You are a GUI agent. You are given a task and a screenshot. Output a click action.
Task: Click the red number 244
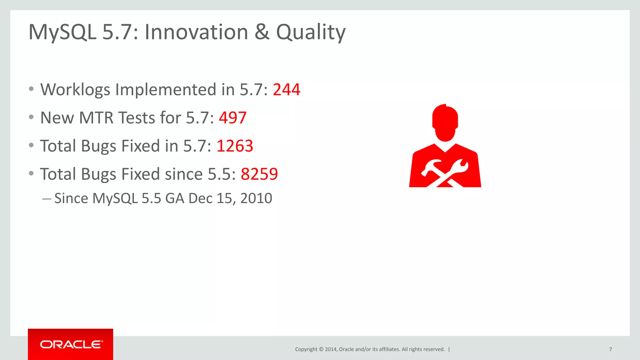tap(286, 90)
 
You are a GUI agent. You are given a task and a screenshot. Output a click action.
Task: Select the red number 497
tap(232, 118)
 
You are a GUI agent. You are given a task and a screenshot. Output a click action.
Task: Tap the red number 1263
tap(235, 146)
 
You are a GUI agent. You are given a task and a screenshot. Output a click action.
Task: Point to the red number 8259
tap(259, 174)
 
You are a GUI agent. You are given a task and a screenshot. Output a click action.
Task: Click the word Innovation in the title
tap(196, 32)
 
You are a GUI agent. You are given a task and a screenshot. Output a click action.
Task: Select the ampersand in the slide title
tap(262, 32)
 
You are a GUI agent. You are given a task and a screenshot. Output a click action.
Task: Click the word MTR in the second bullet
tap(96, 118)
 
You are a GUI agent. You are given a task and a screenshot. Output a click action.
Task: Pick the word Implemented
tap(166, 90)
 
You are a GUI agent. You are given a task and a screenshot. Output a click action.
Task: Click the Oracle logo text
tap(71, 344)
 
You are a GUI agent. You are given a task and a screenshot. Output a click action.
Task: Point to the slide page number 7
tap(610, 349)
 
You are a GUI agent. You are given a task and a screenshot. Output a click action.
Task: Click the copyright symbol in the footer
tap(321, 349)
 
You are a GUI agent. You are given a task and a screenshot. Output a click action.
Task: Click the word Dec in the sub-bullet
tap(200, 198)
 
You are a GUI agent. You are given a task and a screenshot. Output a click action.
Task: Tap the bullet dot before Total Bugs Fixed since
tap(31, 173)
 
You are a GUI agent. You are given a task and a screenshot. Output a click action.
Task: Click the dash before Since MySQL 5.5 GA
tap(47, 199)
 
